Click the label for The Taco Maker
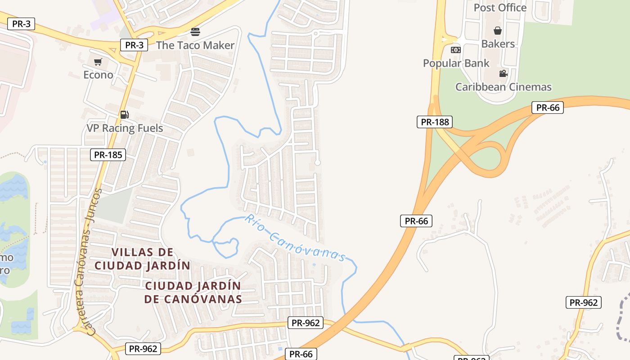[195, 45]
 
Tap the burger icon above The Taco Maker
[195, 32]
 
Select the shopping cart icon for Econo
[98, 62]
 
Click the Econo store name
[98, 75]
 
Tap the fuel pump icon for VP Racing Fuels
[125, 115]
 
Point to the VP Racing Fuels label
[125, 128]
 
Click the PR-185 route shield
[108, 155]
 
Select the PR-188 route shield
[434, 122]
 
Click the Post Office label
[499, 8]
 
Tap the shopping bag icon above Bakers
[498, 31]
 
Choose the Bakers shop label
[498, 44]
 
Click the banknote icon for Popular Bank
[456, 50]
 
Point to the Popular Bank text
[456, 63]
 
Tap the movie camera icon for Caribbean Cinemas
[503, 73]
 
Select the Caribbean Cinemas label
[503, 87]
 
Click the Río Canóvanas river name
[296, 238]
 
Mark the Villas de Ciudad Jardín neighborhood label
[142, 259]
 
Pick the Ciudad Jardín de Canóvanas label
[193, 292]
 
